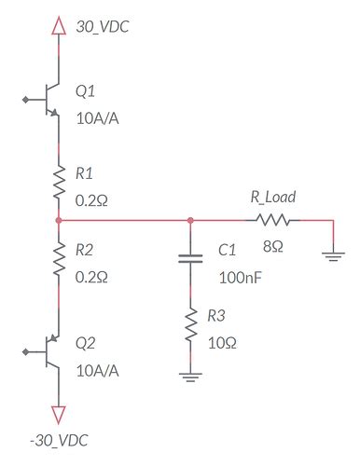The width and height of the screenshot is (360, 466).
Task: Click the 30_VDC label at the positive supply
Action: (x=103, y=28)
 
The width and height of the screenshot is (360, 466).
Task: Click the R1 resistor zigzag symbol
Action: (x=59, y=182)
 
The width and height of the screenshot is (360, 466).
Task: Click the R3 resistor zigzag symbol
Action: (x=190, y=327)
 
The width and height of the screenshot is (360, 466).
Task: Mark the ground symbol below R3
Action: (x=190, y=377)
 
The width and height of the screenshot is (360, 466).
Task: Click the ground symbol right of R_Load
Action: (x=332, y=254)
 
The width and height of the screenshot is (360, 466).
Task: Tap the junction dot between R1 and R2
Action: (x=59, y=221)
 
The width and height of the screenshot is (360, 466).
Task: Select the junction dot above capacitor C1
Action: (x=190, y=221)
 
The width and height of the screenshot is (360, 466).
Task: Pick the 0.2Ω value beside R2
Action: (x=92, y=277)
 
